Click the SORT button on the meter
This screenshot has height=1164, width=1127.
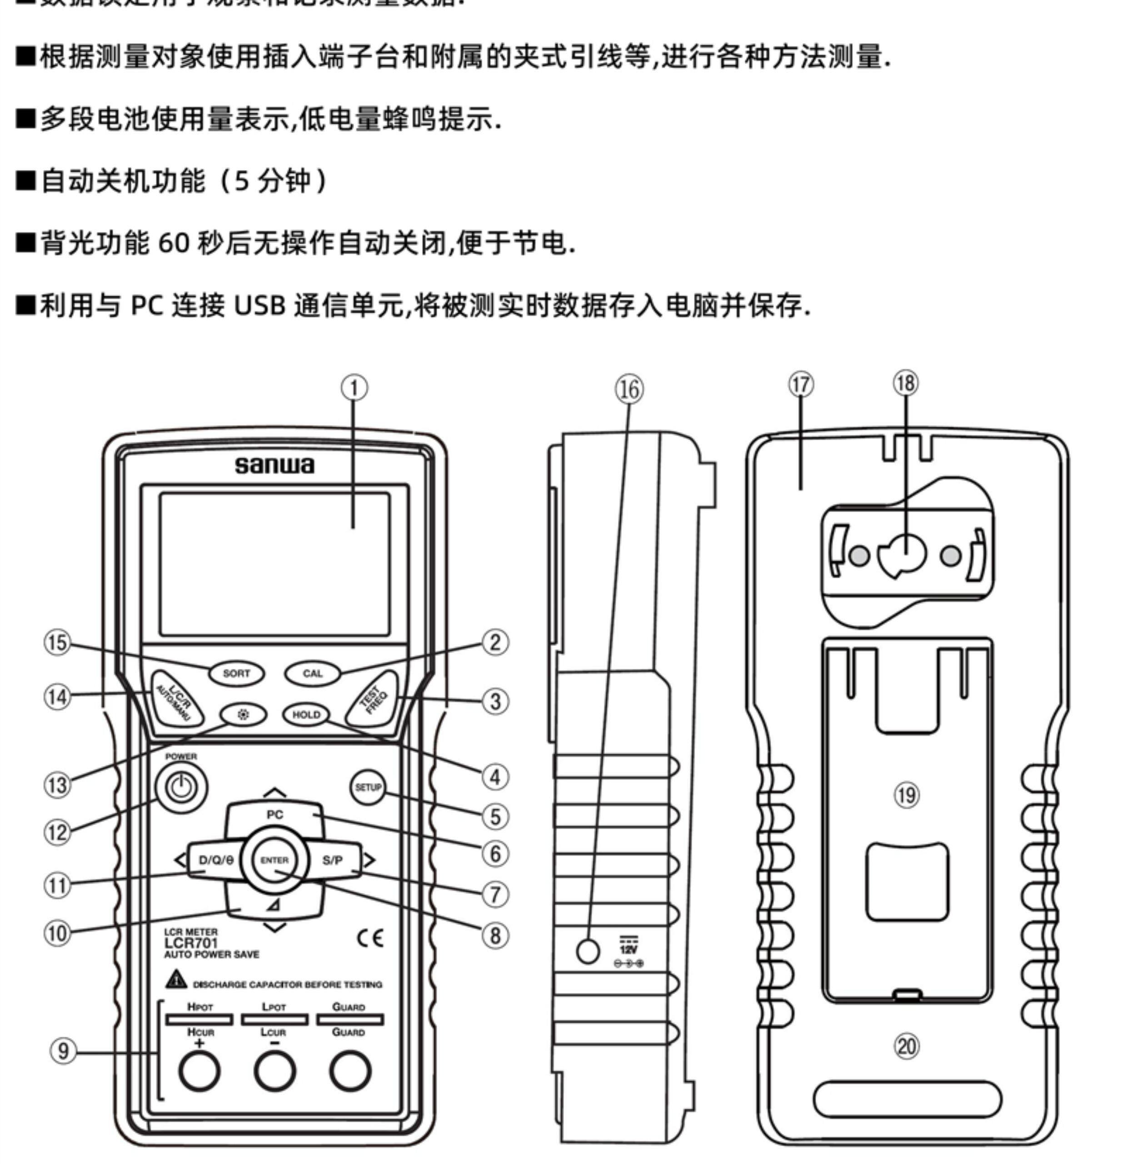click(x=236, y=673)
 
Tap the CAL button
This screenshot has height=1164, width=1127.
click(x=313, y=673)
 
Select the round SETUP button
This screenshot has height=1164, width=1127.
click(x=368, y=788)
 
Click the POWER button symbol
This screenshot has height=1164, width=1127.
click(x=181, y=788)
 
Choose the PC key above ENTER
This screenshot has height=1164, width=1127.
click(x=275, y=815)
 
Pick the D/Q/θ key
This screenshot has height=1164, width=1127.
click(x=215, y=861)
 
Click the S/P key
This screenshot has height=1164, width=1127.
click(x=332, y=861)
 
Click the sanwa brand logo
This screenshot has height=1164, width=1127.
click(x=274, y=466)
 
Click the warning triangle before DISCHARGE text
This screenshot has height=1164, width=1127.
click(x=176, y=979)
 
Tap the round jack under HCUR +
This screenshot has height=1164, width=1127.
click(x=199, y=1071)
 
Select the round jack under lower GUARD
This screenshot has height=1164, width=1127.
click(x=350, y=1071)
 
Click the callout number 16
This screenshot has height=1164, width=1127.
click(x=629, y=390)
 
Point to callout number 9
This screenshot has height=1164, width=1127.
click(x=62, y=1051)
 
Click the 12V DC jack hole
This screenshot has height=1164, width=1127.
click(x=588, y=951)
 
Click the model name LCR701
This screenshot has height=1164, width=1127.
click(x=191, y=943)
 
